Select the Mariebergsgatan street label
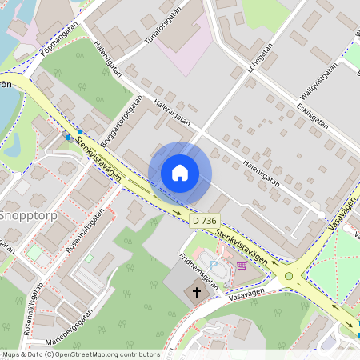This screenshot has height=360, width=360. (x=70, y=326)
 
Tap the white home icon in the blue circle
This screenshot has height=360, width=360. (x=180, y=173)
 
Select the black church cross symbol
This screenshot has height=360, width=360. (x=197, y=293)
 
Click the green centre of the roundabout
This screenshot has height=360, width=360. (x=289, y=276)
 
